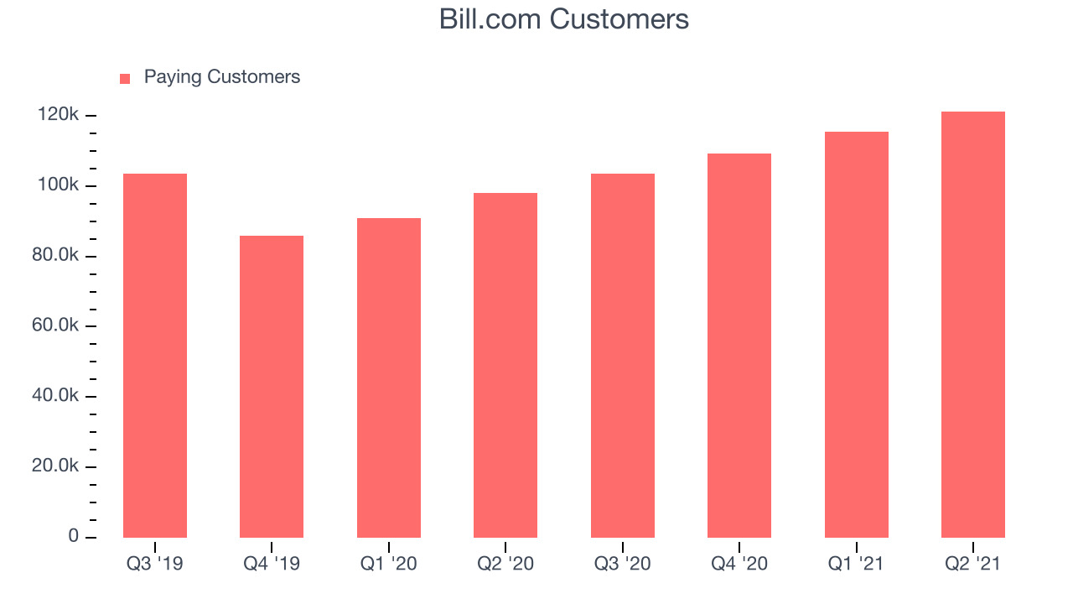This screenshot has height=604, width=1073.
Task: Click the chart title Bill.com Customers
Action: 564,19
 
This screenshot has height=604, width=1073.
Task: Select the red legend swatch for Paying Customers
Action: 125,79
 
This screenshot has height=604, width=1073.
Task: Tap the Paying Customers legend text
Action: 222,77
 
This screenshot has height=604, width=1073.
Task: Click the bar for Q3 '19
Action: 155,355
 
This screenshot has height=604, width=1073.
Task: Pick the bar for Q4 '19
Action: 272,387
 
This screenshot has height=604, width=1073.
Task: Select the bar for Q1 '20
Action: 389,377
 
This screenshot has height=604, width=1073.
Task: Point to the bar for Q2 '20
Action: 505,365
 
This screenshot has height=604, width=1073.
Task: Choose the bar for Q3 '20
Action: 623,355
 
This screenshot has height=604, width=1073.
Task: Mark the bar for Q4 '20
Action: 739,345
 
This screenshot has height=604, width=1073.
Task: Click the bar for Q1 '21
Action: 857,335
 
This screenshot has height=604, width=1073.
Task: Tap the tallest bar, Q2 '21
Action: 973,325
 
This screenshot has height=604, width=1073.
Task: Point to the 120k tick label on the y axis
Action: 58,114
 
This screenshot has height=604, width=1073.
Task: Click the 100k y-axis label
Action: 58,185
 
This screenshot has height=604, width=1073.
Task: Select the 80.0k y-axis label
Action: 55,254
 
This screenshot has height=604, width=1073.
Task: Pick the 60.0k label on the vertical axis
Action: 55,325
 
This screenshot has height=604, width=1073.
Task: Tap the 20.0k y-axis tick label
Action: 55,466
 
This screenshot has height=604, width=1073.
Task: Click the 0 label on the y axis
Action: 73,535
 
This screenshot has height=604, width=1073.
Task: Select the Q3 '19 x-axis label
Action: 155,564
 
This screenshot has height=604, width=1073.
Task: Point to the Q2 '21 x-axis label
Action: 973,564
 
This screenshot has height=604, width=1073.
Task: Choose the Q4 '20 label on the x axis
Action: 739,564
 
